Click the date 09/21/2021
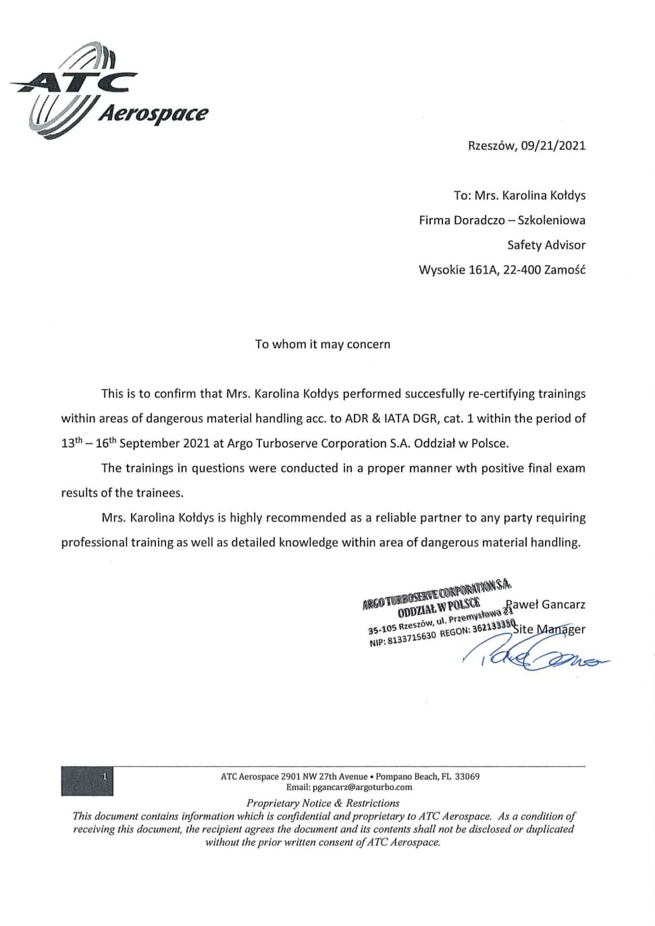553,145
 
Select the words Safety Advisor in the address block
546,245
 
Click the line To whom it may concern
322,344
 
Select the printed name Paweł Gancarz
546,605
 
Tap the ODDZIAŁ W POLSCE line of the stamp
439,606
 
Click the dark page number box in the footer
87,781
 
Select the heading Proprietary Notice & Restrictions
323,803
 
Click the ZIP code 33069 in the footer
467,776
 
